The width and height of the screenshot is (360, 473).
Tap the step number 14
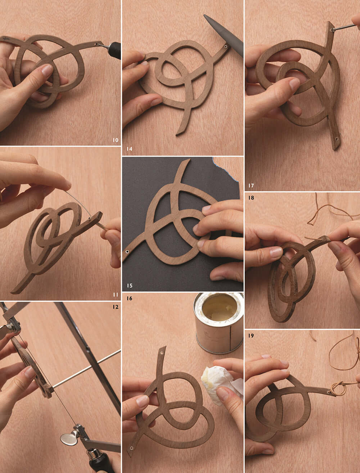click(129, 148)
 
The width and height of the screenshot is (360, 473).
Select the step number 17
click(251, 186)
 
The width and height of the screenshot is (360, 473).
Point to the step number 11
click(115, 295)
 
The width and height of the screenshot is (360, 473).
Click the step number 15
click(129, 286)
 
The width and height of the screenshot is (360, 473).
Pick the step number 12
click(115, 307)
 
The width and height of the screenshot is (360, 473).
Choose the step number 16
click(129, 299)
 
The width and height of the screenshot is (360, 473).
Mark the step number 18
click(251, 198)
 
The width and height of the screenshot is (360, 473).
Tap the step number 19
click(251, 336)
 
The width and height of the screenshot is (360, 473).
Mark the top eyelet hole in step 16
click(162, 350)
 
